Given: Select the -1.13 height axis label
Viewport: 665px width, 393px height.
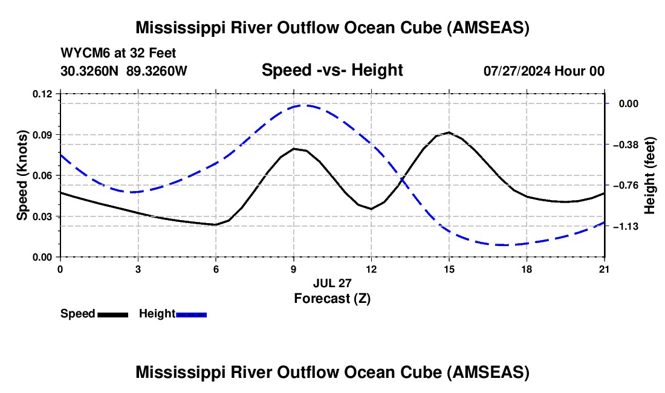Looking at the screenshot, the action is [626, 226].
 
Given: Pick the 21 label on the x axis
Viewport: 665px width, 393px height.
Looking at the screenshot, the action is [605, 269].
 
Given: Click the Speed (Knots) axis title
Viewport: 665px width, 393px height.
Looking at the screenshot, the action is [22, 175].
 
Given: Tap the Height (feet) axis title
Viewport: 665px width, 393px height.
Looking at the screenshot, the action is [650, 175].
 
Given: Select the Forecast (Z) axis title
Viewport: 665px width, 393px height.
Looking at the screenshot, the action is [332, 299].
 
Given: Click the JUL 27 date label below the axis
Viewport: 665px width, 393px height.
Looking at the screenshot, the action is [332, 283].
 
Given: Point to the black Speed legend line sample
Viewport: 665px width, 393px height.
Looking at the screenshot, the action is [113, 314].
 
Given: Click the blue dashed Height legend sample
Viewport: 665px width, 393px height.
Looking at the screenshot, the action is [191, 314].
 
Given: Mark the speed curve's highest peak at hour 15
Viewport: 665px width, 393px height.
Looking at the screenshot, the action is [449, 132].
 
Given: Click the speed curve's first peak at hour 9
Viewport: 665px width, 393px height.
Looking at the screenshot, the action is [294, 148].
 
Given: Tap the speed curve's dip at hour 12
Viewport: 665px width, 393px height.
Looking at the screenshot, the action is [372, 209].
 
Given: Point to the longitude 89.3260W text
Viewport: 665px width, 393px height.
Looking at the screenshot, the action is [157, 71].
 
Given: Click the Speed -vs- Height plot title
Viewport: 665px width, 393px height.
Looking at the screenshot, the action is [332, 70].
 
